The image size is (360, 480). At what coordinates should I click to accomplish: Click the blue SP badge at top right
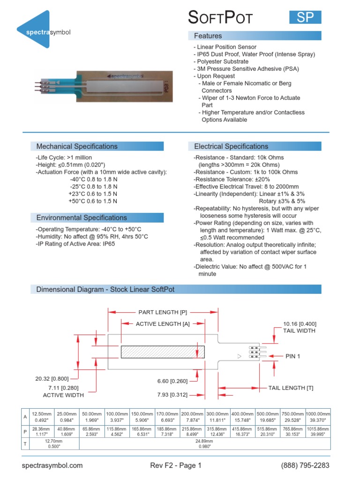pyautogui.click(x=305, y=17)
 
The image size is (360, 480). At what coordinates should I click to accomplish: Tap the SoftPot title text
pyautogui.click(x=220, y=18)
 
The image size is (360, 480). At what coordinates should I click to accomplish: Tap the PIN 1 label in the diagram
pyautogui.click(x=292, y=356)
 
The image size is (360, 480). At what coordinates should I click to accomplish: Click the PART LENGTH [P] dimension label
pyautogui.click(x=163, y=312)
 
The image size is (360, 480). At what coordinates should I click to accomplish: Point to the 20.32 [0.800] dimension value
pyautogui.click(x=52, y=379)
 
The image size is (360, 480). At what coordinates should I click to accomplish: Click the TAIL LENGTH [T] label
pyautogui.click(x=291, y=388)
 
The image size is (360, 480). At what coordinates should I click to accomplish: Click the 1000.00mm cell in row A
pyautogui.click(x=318, y=417)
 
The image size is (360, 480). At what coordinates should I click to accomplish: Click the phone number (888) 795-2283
pyautogui.click(x=305, y=465)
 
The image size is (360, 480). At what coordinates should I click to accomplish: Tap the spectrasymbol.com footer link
pyautogui.click(x=52, y=465)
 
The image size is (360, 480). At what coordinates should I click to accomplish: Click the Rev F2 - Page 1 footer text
pyautogui.click(x=175, y=465)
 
